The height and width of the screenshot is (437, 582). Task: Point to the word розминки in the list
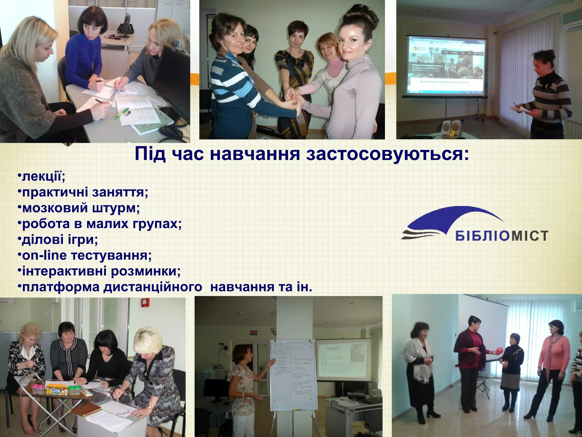point(145,271)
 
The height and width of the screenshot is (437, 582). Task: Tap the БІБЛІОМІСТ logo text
point(502,236)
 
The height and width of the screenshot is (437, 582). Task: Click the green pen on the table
point(122,113)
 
